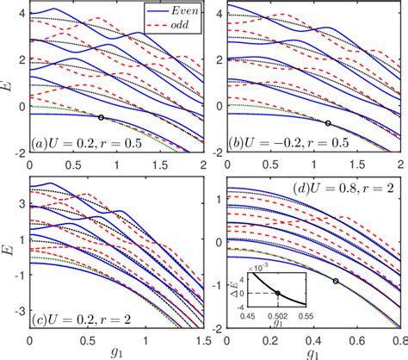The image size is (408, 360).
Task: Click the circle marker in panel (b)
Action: [327, 123]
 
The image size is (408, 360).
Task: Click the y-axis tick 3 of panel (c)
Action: [20, 206]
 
